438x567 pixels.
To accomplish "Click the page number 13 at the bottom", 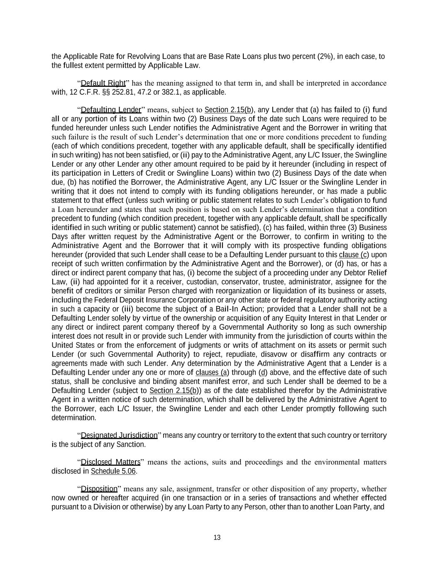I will (217, 538).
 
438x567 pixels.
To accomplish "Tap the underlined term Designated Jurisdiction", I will (119, 435).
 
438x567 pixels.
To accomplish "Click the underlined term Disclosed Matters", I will (110, 462).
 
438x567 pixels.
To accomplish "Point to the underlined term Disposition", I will (99, 489).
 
